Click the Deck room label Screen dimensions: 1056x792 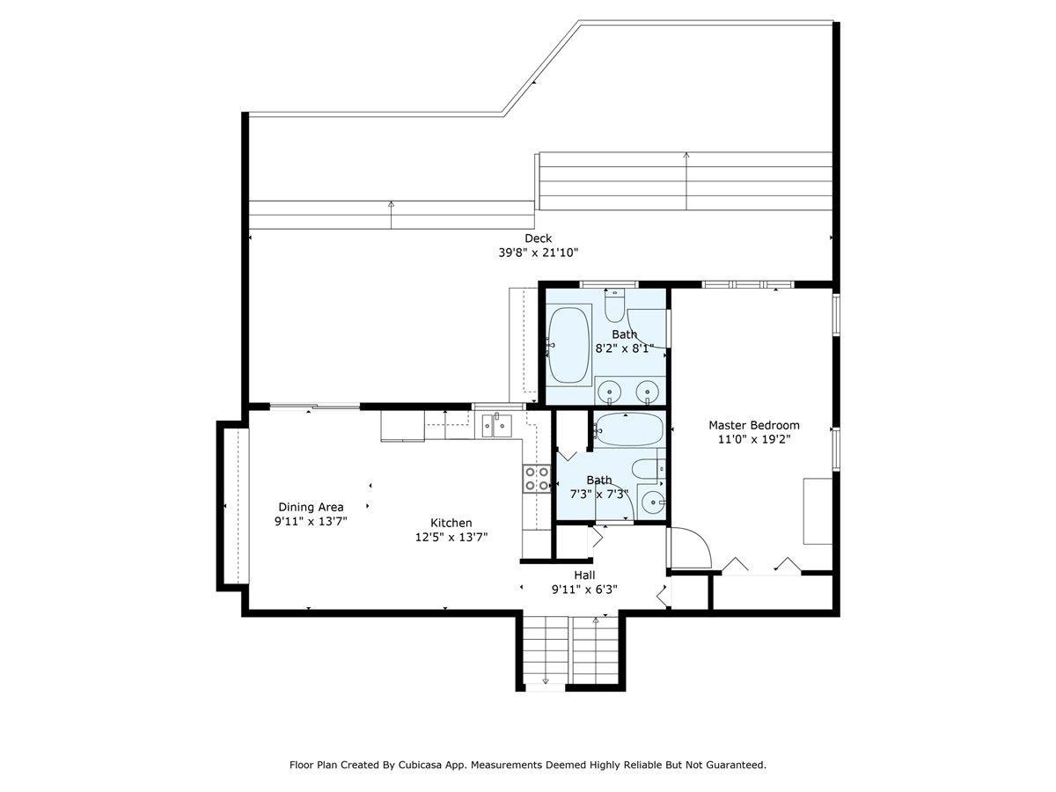tap(538, 238)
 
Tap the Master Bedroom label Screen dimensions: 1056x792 tap(754, 425)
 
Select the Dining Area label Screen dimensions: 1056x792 tap(311, 507)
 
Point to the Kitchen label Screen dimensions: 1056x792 tap(451, 523)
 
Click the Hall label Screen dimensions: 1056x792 tap(584, 575)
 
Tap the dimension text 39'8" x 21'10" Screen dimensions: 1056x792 tap(538, 253)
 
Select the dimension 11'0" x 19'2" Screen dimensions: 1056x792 tap(754, 439)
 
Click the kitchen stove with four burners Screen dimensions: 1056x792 tap(537, 479)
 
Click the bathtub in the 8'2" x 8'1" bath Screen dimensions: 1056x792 tap(568, 345)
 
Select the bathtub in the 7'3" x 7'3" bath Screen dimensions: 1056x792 tap(629, 429)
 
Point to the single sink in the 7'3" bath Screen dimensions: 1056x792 tap(653, 502)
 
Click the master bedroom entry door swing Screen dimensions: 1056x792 tap(689, 548)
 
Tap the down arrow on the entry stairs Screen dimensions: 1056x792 tap(546, 680)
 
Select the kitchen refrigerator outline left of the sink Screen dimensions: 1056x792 tap(402, 425)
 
